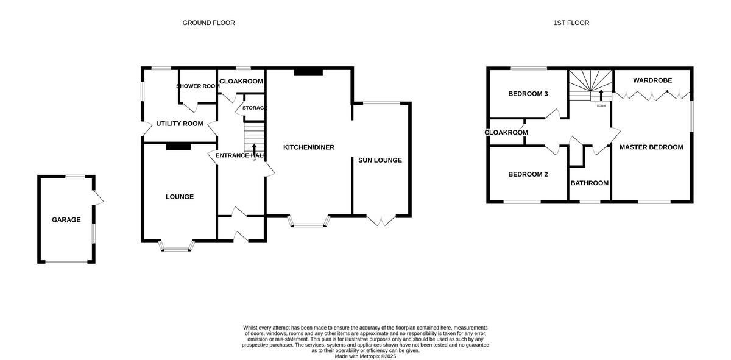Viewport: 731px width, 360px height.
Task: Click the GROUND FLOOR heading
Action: point(208,23)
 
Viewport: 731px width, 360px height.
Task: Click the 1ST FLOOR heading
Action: point(571,23)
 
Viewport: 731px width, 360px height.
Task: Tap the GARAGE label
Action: point(66,220)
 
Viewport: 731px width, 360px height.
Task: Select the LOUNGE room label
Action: point(180,197)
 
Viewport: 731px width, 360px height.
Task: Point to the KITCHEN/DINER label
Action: point(308,147)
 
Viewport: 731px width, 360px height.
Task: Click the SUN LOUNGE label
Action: point(381,161)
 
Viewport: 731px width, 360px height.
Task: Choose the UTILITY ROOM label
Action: point(179,124)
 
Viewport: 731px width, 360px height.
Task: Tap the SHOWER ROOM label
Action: point(197,86)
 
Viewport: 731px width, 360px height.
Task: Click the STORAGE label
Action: point(254,108)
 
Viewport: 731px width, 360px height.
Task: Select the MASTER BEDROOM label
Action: point(651,147)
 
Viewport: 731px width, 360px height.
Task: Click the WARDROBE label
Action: point(652,80)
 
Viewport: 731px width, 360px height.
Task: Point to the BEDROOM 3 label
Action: point(528,94)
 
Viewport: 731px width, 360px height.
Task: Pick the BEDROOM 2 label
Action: point(528,174)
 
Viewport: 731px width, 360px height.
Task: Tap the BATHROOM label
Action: point(589,183)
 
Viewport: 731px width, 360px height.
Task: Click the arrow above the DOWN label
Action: point(601,95)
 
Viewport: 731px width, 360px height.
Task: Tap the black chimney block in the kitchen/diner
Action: point(308,72)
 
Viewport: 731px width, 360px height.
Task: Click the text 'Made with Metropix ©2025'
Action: point(365,356)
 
